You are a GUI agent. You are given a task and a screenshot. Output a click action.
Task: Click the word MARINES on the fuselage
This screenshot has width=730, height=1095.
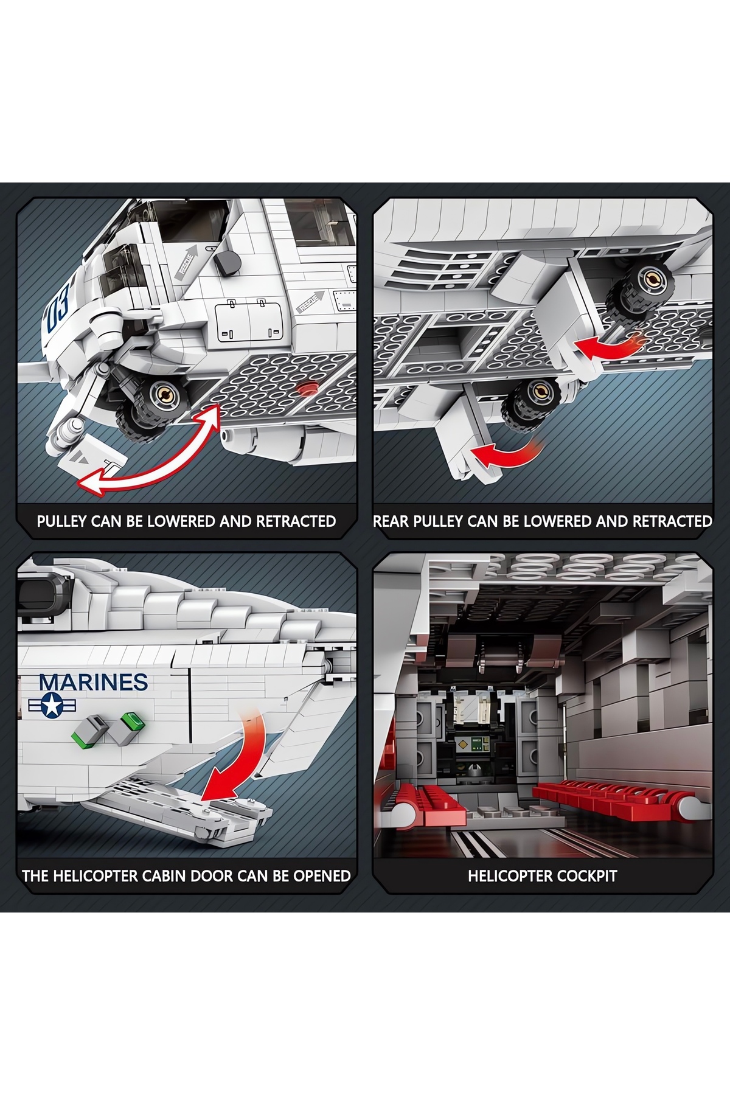pos(93,682)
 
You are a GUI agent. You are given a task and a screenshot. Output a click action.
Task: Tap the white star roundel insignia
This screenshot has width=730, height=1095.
pos(52,706)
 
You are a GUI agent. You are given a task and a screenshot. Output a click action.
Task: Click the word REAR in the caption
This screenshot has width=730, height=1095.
pos(391,521)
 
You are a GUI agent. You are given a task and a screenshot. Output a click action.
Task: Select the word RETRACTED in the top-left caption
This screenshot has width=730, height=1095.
pos(296,521)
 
